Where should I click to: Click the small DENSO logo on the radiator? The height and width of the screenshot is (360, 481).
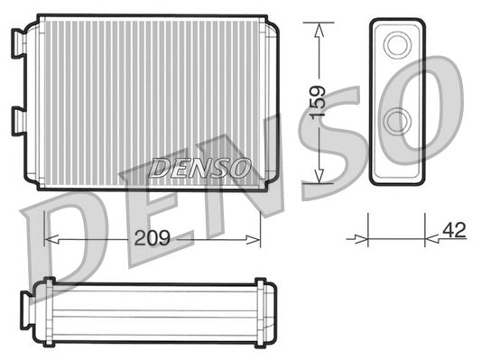199,167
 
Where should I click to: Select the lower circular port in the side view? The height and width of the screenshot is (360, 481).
396,121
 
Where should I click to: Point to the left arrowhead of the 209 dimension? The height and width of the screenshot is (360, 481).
50,241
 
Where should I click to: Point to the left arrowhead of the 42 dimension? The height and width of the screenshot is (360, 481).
365,239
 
